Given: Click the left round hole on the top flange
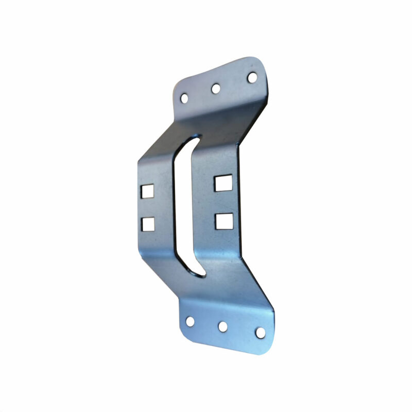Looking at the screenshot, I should pos(184,97).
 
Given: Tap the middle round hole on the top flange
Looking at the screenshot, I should pos(216,89).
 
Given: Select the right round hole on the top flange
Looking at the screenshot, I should pos(252,77).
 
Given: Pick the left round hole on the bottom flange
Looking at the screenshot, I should pos(190,321).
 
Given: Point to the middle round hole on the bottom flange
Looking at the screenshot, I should pos(223,327).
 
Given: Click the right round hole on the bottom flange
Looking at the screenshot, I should pos(261,332).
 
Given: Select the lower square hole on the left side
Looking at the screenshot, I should pos(148,224).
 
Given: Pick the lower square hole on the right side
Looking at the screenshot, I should pos(224,220).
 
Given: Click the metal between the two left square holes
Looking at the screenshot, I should pos(148,208).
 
